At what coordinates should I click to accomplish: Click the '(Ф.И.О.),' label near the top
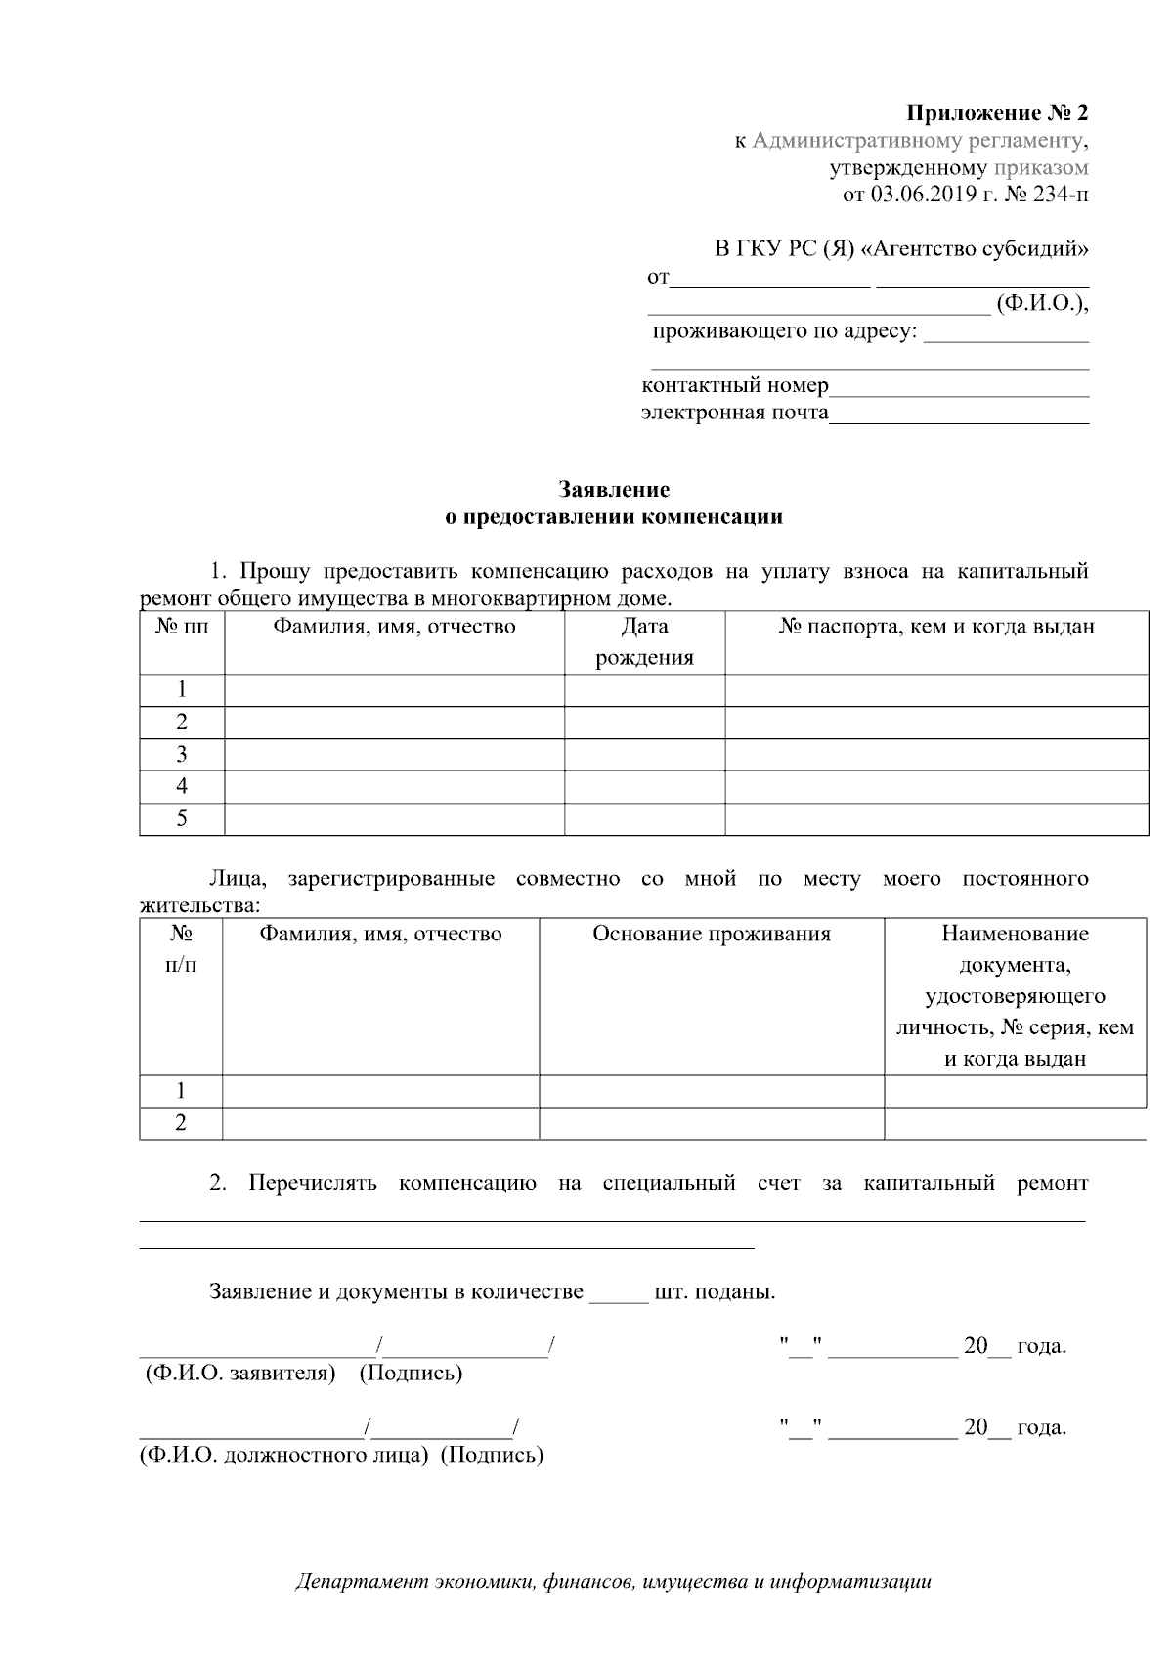click(x=1042, y=304)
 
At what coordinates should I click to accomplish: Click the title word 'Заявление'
click(x=614, y=489)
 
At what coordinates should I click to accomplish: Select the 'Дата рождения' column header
click(x=644, y=641)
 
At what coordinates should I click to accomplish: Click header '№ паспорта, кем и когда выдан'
click(x=935, y=627)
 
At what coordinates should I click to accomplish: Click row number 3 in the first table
click(x=182, y=755)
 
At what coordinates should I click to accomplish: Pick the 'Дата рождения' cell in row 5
click(x=644, y=819)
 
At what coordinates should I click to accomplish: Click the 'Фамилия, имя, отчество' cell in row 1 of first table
click(x=394, y=690)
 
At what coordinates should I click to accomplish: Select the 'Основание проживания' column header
click(x=711, y=935)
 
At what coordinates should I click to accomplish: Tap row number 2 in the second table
click(x=181, y=1123)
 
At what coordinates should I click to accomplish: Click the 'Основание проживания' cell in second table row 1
click(x=711, y=1091)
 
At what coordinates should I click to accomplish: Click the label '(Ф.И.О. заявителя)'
click(x=240, y=1374)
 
